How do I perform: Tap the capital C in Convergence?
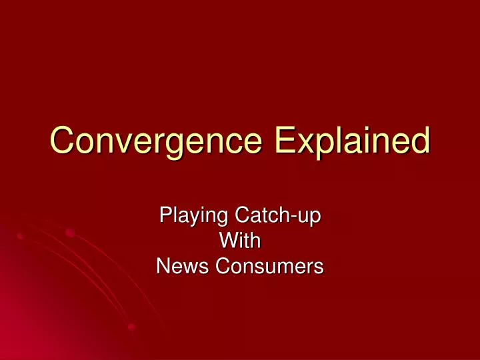tap(63, 141)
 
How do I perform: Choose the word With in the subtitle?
tap(239, 241)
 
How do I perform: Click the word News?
tap(178, 266)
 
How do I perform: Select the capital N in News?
tap(162, 266)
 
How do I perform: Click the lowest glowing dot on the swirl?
tap(131, 327)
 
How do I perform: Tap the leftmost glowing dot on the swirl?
tap(20, 236)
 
